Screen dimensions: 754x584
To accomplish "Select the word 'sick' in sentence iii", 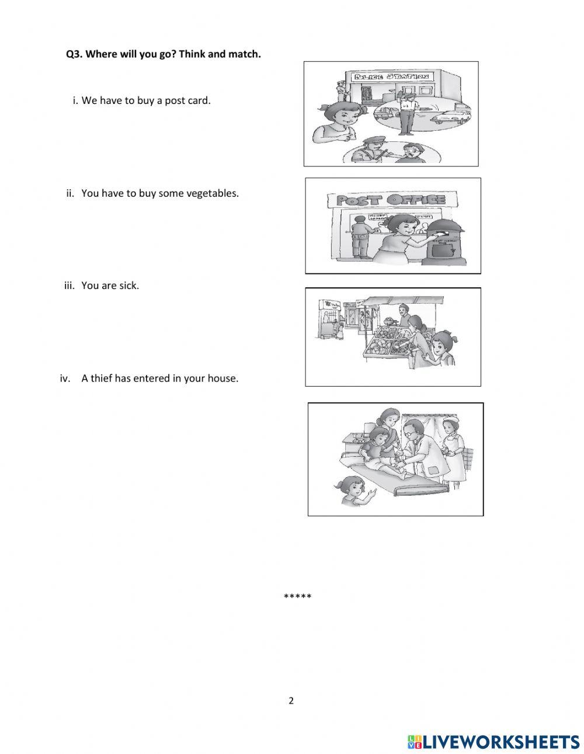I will click(x=128, y=286).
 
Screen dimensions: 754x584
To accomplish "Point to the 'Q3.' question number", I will click(x=74, y=54).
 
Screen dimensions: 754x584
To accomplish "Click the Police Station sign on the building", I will click(x=390, y=77).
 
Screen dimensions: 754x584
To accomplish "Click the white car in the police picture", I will click(x=450, y=116).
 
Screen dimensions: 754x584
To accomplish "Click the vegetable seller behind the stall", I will click(x=403, y=316).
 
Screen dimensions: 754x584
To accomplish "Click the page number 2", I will click(x=291, y=701).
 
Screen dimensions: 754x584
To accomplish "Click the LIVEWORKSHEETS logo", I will click(x=493, y=741).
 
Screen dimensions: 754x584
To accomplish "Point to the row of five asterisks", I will click(x=297, y=597).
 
